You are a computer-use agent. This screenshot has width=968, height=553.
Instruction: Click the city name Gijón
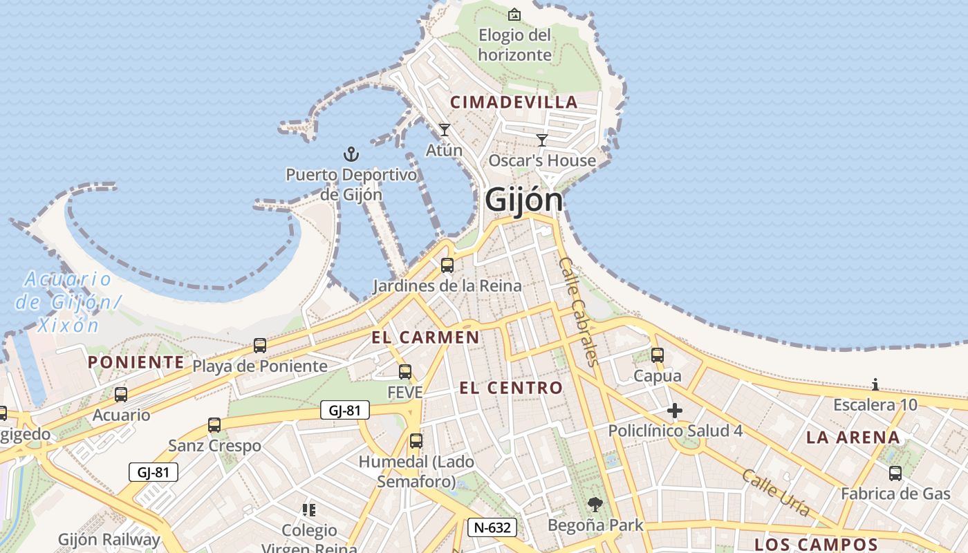pyautogui.click(x=523, y=200)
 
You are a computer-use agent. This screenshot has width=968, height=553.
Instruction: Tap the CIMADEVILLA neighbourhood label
pyautogui.click(x=514, y=102)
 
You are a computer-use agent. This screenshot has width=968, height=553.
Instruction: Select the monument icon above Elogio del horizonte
pyautogui.click(x=514, y=15)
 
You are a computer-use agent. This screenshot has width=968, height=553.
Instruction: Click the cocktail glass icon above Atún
pyautogui.click(x=444, y=129)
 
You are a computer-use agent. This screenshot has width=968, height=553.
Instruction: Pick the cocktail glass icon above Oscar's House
pyautogui.click(x=542, y=140)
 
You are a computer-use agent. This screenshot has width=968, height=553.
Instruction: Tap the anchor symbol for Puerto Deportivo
pyautogui.click(x=351, y=153)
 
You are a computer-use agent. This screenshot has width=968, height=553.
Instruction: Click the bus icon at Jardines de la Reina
pyautogui.click(x=447, y=265)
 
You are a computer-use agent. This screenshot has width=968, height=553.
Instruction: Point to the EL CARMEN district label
pyautogui.click(x=425, y=337)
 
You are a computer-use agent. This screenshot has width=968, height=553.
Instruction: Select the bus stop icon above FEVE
pyautogui.click(x=405, y=372)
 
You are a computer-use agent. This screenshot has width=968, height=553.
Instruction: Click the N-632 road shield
pyautogui.click(x=492, y=527)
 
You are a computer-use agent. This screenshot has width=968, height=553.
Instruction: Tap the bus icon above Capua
pyautogui.click(x=658, y=355)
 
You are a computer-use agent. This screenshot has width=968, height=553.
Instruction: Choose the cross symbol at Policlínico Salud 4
pyautogui.click(x=675, y=411)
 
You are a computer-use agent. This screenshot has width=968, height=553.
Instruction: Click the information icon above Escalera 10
pyautogui.click(x=875, y=384)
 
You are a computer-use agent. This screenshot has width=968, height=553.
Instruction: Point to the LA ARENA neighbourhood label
pyautogui.click(x=853, y=437)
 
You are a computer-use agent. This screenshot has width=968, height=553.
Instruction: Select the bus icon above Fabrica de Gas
pyautogui.click(x=895, y=474)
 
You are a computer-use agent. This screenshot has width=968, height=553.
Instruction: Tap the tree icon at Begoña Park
pyautogui.click(x=595, y=505)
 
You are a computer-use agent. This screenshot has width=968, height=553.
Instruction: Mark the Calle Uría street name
pyautogui.click(x=775, y=492)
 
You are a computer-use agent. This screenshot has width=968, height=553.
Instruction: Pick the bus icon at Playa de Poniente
pyautogui.click(x=260, y=345)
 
